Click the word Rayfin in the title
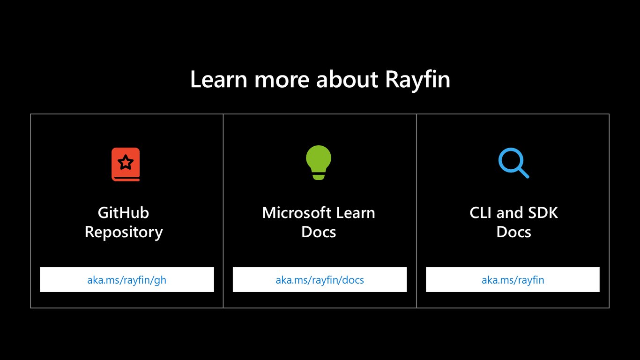[x=418, y=80]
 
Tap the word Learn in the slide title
[x=219, y=79]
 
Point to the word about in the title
[x=347, y=79]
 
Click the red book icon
[x=126, y=164]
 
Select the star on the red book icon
[x=126, y=162]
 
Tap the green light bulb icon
[x=319, y=162]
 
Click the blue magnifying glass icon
[x=513, y=163]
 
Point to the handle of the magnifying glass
[x=523, y=172]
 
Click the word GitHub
[x=123, y=213]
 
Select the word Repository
[x=124, y=232]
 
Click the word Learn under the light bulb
[x=356, y=213]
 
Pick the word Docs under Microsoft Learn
[x=319, y=232]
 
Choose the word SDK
[x=543, y=213]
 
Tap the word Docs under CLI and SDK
[x=513, y=232]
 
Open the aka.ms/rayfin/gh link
[x=127, y=280]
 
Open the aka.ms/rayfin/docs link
[x=320, y=280]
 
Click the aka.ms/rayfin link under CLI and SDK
[x=513, y=280]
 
